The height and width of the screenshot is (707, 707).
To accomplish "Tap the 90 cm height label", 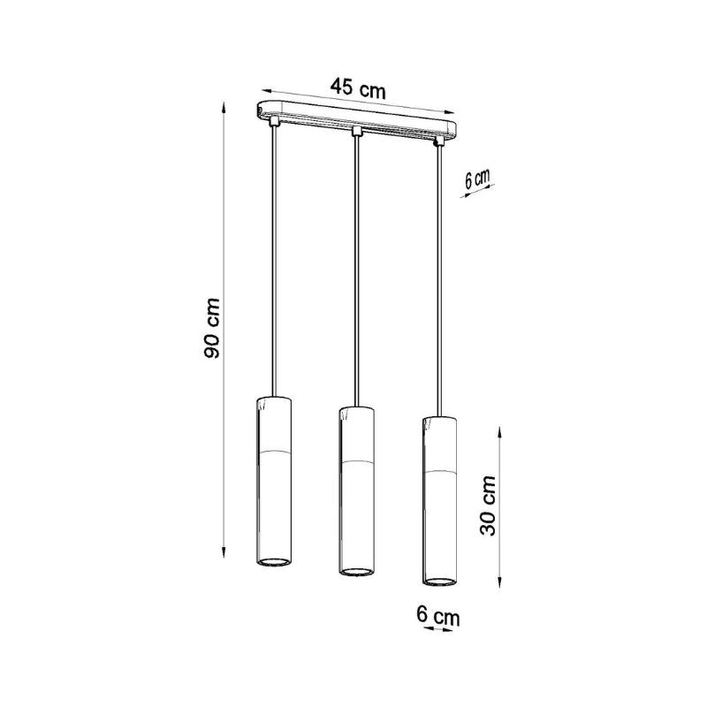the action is (x=211, y=328).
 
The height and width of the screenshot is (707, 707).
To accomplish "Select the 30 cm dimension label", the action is (x=487, y=506).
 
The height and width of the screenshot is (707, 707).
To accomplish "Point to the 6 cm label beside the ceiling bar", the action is (x=477, y=179).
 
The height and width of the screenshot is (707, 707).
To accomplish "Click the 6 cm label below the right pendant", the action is (x=437, y=616).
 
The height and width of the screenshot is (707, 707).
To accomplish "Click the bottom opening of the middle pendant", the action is (x=356, y=571).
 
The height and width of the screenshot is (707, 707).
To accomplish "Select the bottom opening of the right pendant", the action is (x=440, y=581).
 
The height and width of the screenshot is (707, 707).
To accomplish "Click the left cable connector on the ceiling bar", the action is (x=273, y=121).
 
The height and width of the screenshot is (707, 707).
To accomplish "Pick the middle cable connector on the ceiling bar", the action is (x=357, y=131).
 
